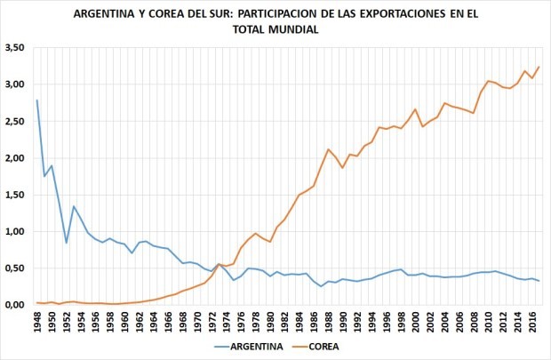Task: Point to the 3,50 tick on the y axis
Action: [x=15, y=47]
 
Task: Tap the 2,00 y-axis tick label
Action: [x=15, y=158]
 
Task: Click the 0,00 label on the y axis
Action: [x=15, y=305]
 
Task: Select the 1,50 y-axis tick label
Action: [x=15, y=195]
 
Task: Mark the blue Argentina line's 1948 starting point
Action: [x=37, y=100]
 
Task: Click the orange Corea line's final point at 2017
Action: [x=539, y=67]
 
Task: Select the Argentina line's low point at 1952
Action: [x=67, y=243]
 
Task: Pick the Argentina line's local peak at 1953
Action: [x=74, y=206]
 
